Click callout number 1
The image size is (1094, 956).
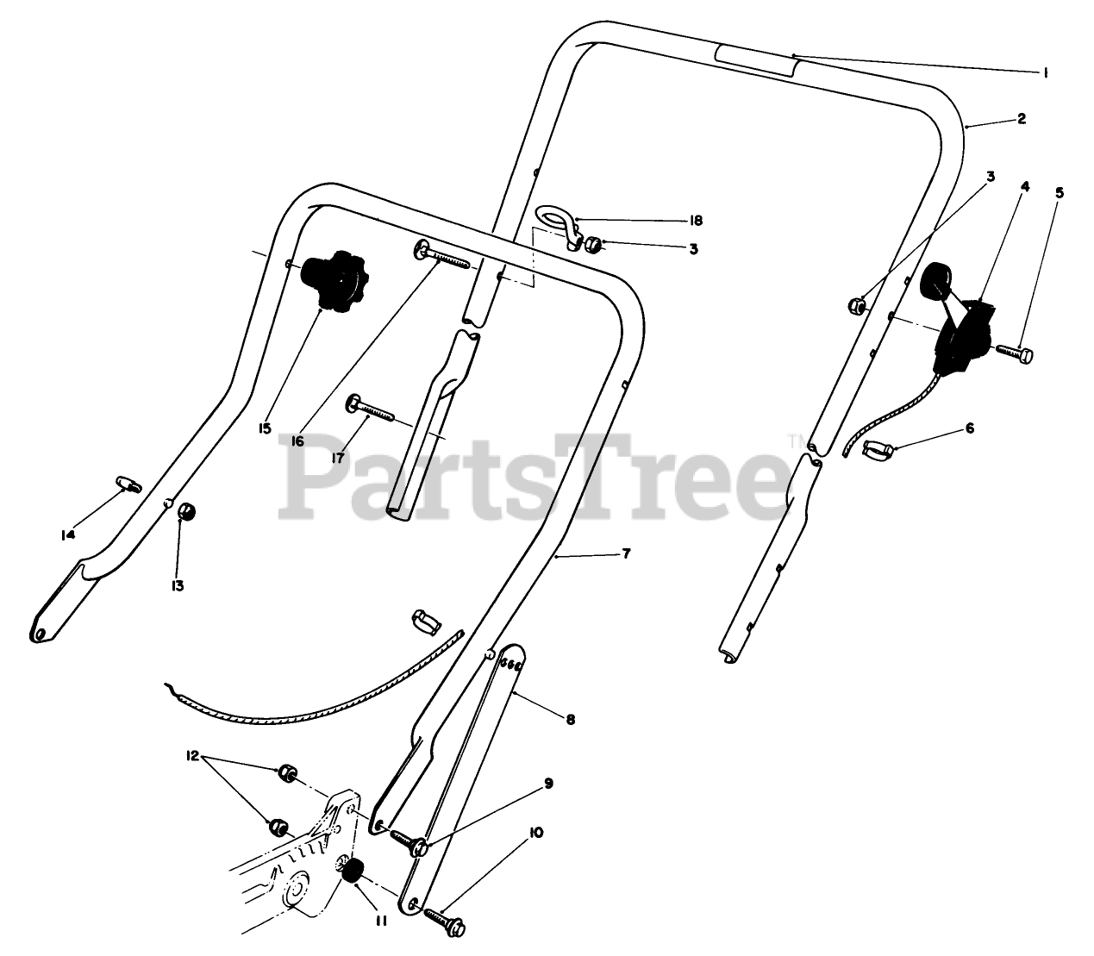coord(1045,73)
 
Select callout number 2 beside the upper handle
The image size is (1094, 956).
coord(1021,119)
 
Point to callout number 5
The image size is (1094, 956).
coord(1059,193)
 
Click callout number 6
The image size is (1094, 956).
coord(969,428)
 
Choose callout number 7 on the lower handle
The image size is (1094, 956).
coord(626,553)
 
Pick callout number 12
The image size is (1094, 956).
coord(191,756)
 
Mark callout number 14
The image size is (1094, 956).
coord(68,534)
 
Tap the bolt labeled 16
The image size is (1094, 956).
coord(441,255)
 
